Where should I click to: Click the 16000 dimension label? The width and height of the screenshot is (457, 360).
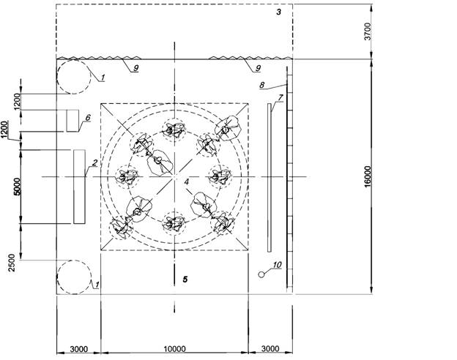[368, 176]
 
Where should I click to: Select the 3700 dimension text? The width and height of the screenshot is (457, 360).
[368, 31]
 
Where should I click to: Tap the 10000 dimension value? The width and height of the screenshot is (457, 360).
[174, 348]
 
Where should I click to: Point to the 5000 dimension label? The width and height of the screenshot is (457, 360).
[18, 187]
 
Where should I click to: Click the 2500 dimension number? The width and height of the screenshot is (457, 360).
[12, 263]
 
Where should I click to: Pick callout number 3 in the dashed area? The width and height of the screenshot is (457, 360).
[279, 12]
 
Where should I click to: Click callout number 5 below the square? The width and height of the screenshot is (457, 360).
[185, 280]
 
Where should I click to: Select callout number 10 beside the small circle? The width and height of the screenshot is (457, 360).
[277, 265]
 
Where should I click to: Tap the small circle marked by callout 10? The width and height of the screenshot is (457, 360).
[261, 274]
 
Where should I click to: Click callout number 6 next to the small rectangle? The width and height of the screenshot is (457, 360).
[88, 117]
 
